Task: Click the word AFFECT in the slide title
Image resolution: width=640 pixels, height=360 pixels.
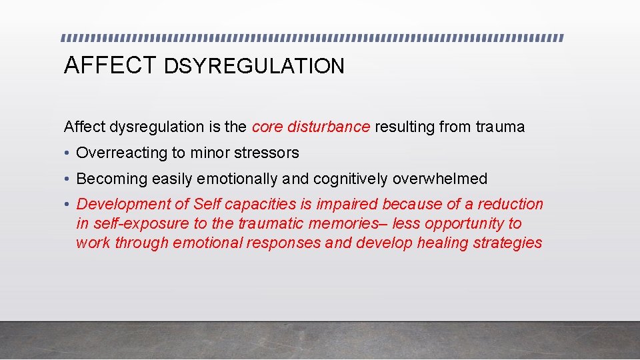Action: [x=110, y=65]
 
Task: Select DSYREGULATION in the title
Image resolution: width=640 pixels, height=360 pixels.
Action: [x=254, y=66]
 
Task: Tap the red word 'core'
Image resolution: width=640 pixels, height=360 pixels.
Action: [x=267, y=127]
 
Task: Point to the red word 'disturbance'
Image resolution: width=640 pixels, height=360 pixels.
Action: [x=328, y=127]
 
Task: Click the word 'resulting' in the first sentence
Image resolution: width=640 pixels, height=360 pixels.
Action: [x=405, y=127]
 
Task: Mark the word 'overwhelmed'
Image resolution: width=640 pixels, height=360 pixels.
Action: [x=440, y=179]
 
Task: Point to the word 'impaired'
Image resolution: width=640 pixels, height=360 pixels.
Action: [x=348, y=205]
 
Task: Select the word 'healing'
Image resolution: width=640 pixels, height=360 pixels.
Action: [x=443, y=243]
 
